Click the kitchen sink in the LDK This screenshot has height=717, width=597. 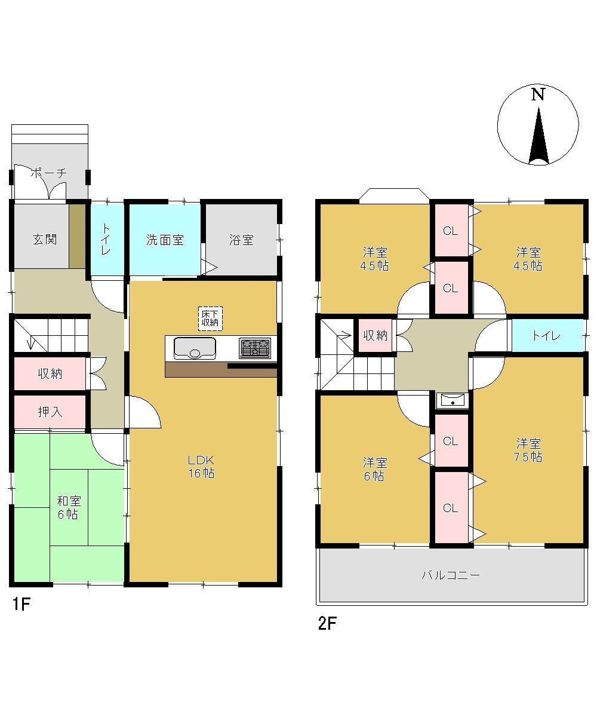point(195,348)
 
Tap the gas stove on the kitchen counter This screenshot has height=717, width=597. point(254,348)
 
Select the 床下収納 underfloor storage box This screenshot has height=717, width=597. point(210,318)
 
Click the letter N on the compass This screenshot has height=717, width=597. point(538,95)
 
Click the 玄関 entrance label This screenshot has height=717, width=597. point(45,239)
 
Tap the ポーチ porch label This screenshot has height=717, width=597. point(49,173)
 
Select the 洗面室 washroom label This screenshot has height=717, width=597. point(165,240)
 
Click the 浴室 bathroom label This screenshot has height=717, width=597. point(242,240)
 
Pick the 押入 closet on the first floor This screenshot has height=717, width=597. point(50,412)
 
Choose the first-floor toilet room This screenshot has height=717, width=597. point(107,240)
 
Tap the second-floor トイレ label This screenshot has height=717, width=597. point(546,335)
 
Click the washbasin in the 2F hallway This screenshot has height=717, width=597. point(453,400)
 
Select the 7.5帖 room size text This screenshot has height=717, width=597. point(528,457)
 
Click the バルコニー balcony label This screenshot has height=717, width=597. point(451,574)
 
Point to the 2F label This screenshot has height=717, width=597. point(327,623)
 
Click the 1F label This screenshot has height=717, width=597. point(21,604)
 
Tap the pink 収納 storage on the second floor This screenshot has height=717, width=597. point(376,335)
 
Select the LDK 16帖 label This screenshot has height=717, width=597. point(201,466)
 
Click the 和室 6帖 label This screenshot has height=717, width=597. point(69,507)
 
